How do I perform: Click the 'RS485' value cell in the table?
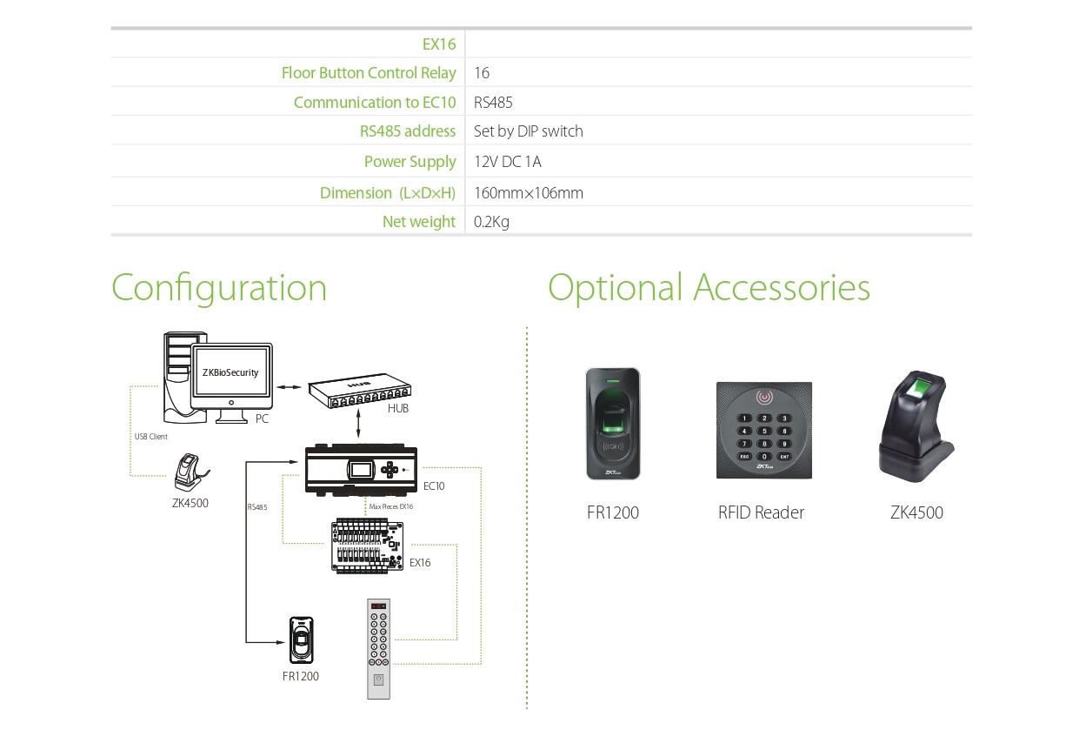coord(493,103)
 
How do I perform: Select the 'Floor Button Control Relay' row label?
coord(369,73)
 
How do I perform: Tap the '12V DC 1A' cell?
coord(508,162)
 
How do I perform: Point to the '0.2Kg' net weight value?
coord(491,222)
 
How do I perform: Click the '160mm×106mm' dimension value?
coord(528,193)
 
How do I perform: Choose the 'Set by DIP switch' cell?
coord(528,131)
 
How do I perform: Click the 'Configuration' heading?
coord(219,288)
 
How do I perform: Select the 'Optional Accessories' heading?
coord(709,288)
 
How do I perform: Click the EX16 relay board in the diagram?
coord(369,546)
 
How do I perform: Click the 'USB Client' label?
coord(151,437)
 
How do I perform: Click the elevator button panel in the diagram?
coord(378,648)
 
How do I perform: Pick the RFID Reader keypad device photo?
coord(763,430)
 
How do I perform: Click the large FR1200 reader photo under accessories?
coord(613,424)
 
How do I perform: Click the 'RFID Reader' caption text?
coord(761,512)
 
